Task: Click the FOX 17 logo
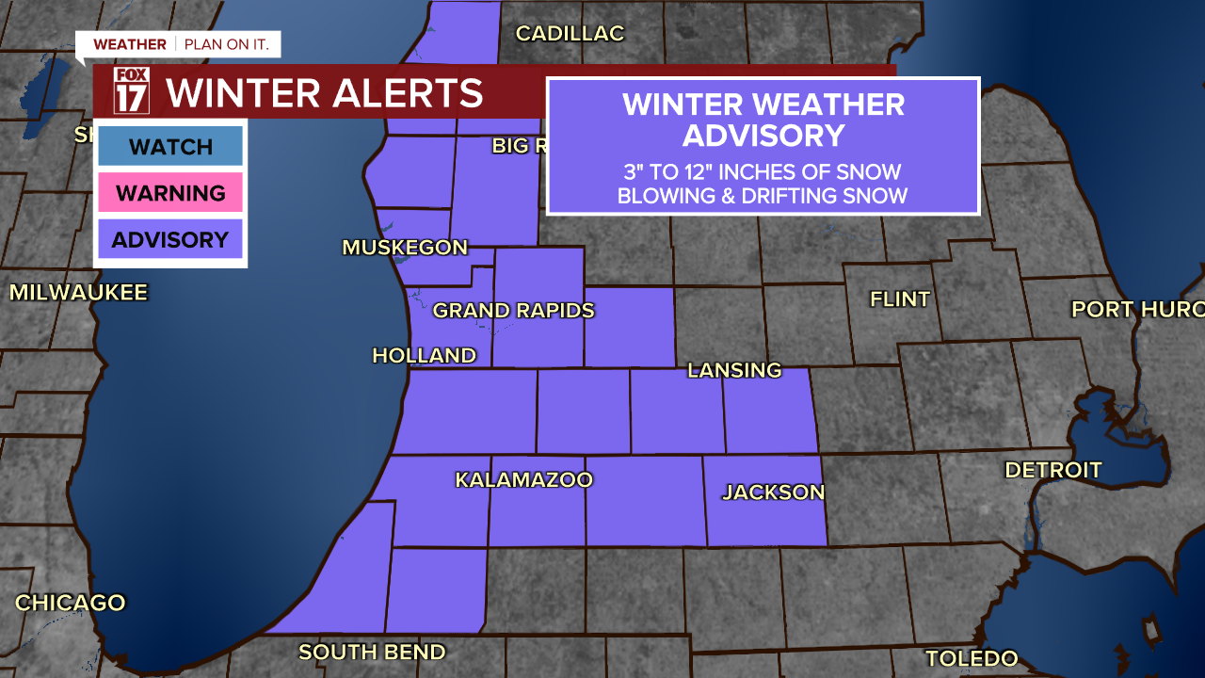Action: click(x=131, y=91)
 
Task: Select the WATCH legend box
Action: click(x=170, y=146)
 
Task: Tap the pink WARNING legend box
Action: click(x=170, y=193)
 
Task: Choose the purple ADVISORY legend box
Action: click(x=170, y=239)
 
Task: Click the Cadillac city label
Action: click(x=570, y=34)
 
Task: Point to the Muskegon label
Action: click(x=405, y=248)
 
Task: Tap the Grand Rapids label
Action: click(x=513, y=310)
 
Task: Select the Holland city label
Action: click(x=424, y=355)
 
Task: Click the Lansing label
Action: click(x=734, y=370)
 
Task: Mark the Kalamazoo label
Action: click(x=523, y=479)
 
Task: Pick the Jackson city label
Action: click(x=773, y=492)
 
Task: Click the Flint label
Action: click(x=900, y=299)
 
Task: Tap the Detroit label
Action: click(x=1052, y=469)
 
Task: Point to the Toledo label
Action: click(x=972, y=658)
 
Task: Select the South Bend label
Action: click(x=372, y=652)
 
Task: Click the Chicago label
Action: click(x=71, y=603)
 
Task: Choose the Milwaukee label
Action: click(x=79, y=292)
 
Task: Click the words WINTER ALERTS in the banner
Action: click(x=324, y=93)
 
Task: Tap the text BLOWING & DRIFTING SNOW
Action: click(x=763, y=196)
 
